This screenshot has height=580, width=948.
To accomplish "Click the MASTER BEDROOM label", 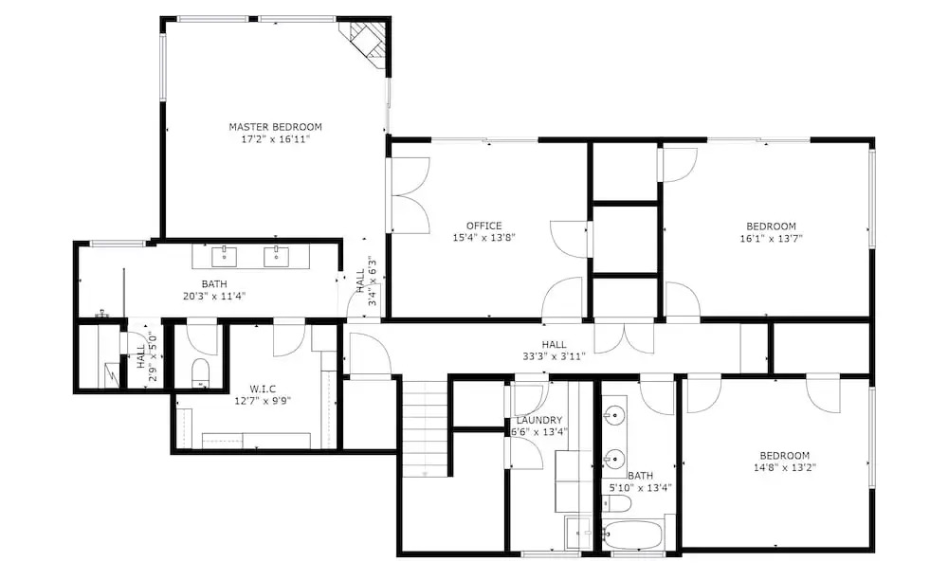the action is [275, 127].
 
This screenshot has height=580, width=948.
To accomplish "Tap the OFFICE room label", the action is [483, 226].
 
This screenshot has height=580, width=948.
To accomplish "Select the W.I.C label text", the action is [263, 389].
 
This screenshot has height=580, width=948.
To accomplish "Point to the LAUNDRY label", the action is [539, 420].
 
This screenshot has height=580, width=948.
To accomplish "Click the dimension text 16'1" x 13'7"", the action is [771, 238].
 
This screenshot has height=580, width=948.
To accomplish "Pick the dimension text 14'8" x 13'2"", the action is [785, 467].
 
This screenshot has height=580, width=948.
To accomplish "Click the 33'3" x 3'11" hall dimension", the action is [554, 355].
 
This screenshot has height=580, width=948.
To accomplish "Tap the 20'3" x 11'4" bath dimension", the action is [214, 296].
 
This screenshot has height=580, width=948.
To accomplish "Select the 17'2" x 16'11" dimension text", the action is [275, 139].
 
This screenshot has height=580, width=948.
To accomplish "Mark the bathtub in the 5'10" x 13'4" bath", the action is [632, 535].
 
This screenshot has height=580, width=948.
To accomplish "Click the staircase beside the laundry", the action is [426, 429].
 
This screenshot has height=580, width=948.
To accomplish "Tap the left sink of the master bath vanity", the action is [224, 256].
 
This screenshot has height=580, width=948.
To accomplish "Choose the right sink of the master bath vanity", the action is [276, 256].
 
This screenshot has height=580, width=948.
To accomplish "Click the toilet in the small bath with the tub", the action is [617, 502].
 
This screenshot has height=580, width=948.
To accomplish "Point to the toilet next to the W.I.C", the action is [200, 372].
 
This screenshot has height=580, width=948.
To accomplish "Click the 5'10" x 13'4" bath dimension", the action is [640, 487].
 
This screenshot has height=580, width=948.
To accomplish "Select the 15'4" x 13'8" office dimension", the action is [483, 238].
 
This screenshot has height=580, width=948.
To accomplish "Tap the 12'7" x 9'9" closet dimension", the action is [263, 400].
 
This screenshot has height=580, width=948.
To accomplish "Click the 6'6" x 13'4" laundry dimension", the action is [539, 431].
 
